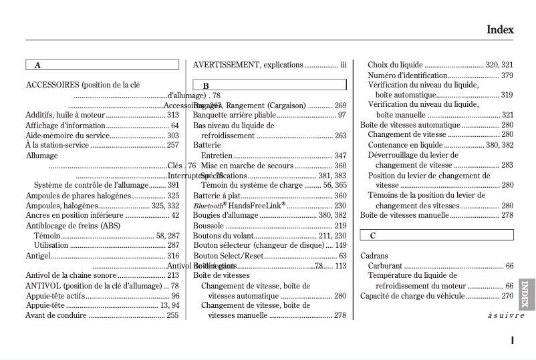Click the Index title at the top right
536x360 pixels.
(499, 29)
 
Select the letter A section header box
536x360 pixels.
(102, 65)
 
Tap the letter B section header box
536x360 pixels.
(269, 85)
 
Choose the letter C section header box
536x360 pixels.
(436, 235)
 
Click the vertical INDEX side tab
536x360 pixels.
(525, 294)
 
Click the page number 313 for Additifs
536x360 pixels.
(172, 115)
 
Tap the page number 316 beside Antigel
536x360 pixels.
(172, 255)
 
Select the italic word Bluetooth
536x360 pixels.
(209, 206)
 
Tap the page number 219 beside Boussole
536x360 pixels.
(340, 225)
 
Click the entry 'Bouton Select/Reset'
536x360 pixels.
(228, 255)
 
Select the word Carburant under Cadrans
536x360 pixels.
(385, 265)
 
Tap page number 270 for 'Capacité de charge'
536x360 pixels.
(507, 295)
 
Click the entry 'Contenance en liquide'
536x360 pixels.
(405, 145)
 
